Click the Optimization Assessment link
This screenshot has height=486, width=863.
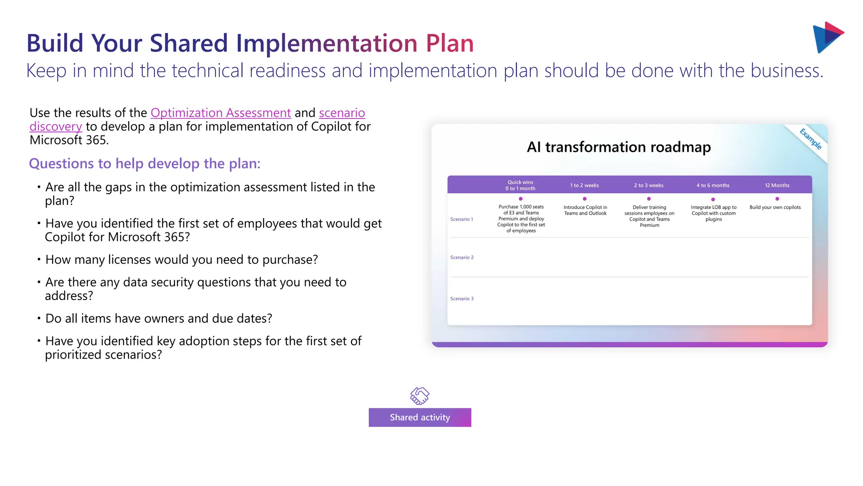click(220, 113)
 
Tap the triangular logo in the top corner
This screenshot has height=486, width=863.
click(827, 37)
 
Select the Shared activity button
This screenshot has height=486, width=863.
click(420, 417)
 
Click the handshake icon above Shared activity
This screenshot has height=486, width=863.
click(420, 396)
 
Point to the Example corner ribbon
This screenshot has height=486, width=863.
click(810, 139)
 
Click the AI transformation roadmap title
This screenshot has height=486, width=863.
click(619, 147)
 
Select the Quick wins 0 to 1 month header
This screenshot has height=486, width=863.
click(520, 185)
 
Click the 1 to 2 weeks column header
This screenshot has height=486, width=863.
click(584, 185)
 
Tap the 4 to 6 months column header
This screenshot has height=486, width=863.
click(713, 185)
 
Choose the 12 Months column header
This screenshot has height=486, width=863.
click(777, 185)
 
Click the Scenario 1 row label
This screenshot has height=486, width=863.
click(461, 219)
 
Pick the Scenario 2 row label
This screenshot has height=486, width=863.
click(462, 257)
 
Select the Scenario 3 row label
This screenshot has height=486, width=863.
click(462, 299)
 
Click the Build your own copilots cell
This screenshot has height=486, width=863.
click(775, 208)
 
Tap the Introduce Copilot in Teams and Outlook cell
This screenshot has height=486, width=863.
click(585, 210)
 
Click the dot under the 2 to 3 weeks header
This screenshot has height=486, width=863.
click(649, 199)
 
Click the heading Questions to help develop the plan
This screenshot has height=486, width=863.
click(145, 164)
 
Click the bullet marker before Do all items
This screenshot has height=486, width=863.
click(39, 318)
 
